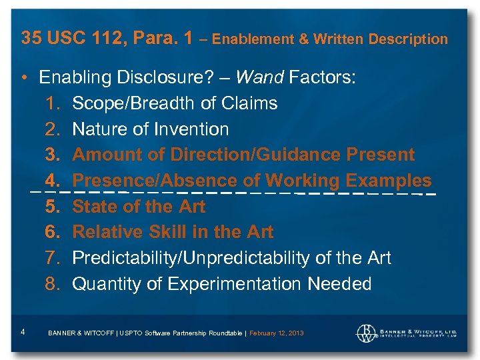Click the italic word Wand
tap(259, 78)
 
